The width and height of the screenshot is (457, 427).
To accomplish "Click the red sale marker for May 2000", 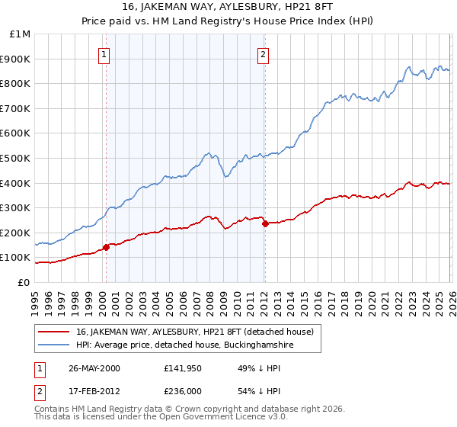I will (x=107, y=246).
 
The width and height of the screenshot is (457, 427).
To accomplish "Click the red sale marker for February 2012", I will (x=264, y=223).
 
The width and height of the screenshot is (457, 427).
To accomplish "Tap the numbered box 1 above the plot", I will (x=104, y=54).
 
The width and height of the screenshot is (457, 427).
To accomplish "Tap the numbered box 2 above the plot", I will (x=263, y=54).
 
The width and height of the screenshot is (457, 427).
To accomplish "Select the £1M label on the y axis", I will (x=21, y=34).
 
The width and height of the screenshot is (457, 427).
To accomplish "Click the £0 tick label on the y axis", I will (x=25, y=282).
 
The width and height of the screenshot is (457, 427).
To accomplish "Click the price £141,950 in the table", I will (x=185, y=368).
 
